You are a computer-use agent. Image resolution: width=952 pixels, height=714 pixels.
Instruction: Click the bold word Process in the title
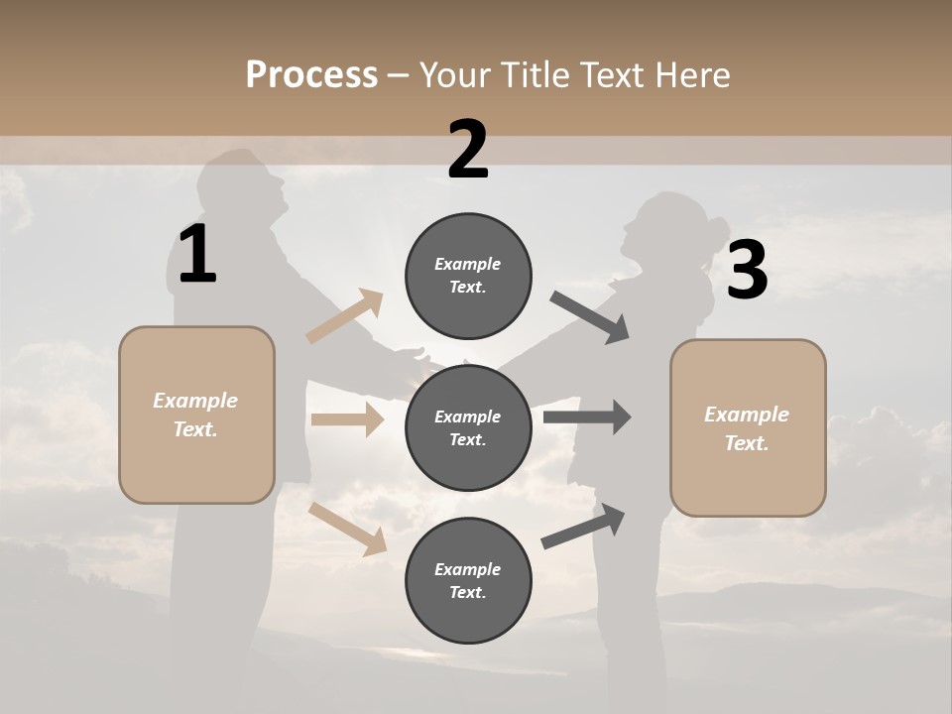pyautogui.click(x=311, y=75)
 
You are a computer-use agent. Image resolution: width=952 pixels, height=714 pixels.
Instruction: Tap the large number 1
pyautogui.click(x=197, y=255)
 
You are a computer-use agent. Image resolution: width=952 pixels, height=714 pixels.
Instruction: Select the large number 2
pyautogui.click(x=468, y=151)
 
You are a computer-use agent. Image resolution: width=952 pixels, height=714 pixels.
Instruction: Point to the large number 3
pyautogui.click(x=747, y=271)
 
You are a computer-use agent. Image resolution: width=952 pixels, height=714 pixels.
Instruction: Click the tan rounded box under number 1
pyautogui.click(x=196, y=415)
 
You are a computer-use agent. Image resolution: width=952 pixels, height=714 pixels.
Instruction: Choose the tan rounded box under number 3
pyautogui.click(x=748, y=428)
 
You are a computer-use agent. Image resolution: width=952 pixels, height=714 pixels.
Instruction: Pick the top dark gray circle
pyautogui.click(x=468, y=276)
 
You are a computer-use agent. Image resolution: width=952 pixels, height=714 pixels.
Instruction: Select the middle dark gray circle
pyautogui.click(x=468, y=427)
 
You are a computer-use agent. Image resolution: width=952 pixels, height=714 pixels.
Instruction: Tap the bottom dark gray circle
pyautogui.click(x=468, y=580)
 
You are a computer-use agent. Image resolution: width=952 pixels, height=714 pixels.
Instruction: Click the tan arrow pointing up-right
pyautogui.click(x=345, y=316)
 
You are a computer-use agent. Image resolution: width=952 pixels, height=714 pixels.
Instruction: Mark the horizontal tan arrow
pyautogui.click(x=347, y=419)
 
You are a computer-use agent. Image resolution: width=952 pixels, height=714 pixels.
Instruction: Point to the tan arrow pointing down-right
pyautogui.click(x=348, y=529)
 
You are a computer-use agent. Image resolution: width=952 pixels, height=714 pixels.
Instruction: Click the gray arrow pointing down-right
pyautogui.click(x=590, y=317)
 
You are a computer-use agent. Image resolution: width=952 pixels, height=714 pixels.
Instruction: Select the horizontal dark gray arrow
pyautogui.click(x=587, y=417)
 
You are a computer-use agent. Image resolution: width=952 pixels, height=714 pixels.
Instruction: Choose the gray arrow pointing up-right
pyautogui.click(x=584, y=527)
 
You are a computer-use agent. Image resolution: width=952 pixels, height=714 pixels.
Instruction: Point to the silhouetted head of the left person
pyautogui.click(x=244, y=184)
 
